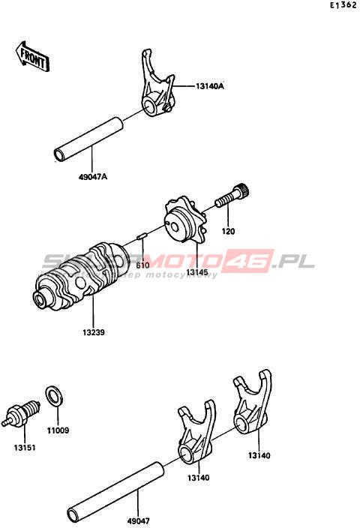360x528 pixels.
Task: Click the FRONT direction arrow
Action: pos(33,56)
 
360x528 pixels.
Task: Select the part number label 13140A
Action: pos(209,86)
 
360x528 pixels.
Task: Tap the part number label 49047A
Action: pos(93,176)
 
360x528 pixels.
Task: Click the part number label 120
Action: pos(228,231)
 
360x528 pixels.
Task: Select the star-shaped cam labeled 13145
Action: pos(184,221)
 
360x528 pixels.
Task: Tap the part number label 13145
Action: pos(197,272)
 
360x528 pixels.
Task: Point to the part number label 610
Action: pos(142,265)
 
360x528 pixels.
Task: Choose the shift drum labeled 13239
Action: pos(80,276)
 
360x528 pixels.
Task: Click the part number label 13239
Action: pos(94,332)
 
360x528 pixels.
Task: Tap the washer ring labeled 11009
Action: pos(54,396)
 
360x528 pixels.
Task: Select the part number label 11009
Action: pos(58,430)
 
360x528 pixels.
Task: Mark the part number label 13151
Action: pos(25,448)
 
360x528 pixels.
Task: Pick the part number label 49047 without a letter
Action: pos(139,521)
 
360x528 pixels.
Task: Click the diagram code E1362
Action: pos(343,5)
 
